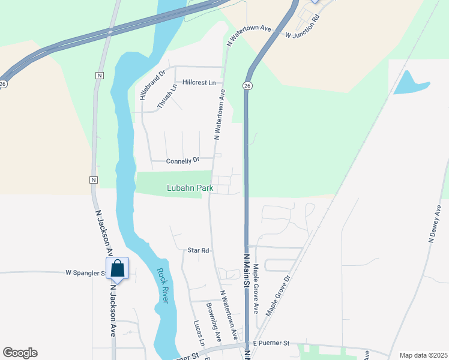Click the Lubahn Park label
pyautogui.click(x=190, y=188)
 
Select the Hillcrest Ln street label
pyautogui.click(x=199, y=83)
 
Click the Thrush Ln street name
pyautogui.click(x=167, y=96)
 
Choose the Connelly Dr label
pyautogui.click(x=183, y=161)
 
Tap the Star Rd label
pyautogui.click(x=197, y=250)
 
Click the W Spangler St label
pyautogui.click(x=85, y=273)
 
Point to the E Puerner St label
pyautogui.click(x=271, y=343)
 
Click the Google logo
pyautogui.click(x=20, y=353)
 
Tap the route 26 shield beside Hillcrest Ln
pyautogui.click(x=247, y=87)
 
